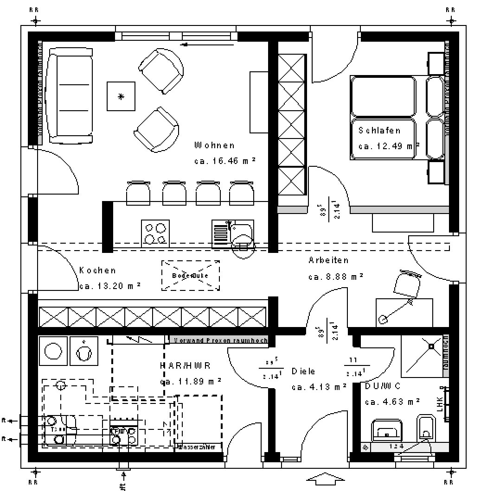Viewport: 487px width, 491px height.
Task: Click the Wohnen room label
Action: tap(214, 145)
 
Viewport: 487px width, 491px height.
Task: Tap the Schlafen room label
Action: tap(379, 131)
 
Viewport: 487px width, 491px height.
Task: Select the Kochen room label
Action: tap(97, 271)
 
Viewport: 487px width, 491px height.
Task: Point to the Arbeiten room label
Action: tap(328, 260)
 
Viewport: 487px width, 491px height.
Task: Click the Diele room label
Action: tap(303, 371)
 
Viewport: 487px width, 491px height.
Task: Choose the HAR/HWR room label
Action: tap(186, 365)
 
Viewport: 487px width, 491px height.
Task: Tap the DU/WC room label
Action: tap(383, 386)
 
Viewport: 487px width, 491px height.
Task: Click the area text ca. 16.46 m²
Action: tap(225, 161)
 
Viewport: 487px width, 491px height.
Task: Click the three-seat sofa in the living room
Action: tap(71, 96)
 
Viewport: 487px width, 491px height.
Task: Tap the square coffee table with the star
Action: tap(121, 96)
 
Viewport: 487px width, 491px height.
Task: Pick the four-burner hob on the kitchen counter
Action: tap(155, 233)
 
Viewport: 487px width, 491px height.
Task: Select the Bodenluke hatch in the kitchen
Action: tap(190, 276)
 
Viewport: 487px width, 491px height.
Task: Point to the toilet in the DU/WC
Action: tap(425, 428)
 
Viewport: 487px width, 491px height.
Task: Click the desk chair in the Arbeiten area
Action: tap(407, 283)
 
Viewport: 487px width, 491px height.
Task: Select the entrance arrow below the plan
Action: tap(326, 479)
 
